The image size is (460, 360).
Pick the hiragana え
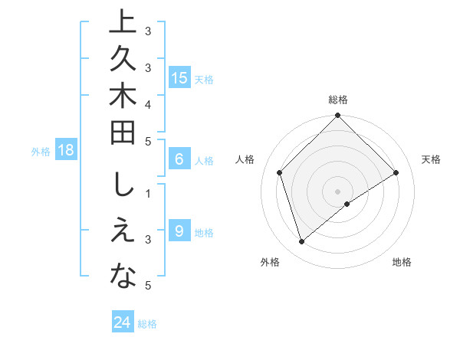[x=123, y=233]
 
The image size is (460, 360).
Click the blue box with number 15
[x=179, y=77]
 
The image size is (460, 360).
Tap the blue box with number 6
[x=179, y=159]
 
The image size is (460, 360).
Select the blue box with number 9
[x=179, y=231]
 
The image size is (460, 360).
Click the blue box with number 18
[x=66, y=150]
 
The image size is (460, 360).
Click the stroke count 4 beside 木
[x=148, y=103]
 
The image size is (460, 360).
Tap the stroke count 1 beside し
[x=148, y=194]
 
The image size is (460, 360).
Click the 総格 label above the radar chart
[x=337, y=100]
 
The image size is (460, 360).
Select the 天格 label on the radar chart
[x=432, y=159]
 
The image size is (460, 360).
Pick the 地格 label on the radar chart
[x=402, y=262]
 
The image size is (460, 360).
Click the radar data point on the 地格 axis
[x=347, y=204]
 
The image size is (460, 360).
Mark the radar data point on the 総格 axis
[x=337, y=116]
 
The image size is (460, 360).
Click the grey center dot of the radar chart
[x=337, y=191]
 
